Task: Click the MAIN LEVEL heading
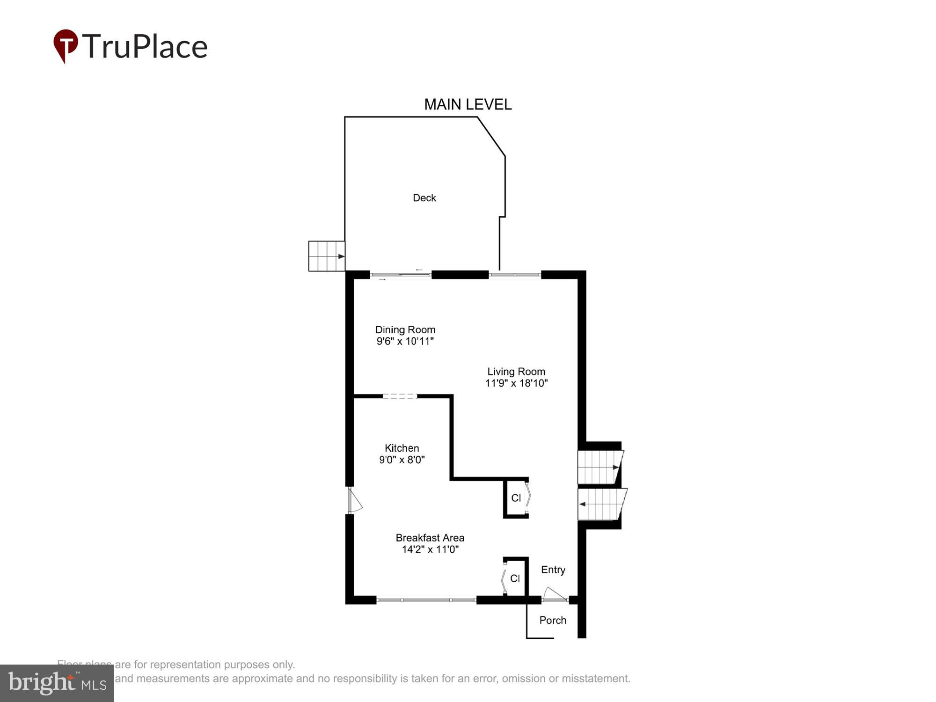click(468, 104)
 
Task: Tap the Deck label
click(424, 198)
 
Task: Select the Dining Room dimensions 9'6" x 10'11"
click(405, 341)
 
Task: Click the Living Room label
click(516, 372)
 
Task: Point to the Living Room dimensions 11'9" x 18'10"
click(516, 383)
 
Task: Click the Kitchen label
click(402, 448)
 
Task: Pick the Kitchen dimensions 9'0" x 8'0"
click(402, 460)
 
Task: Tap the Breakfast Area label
click(430, 538)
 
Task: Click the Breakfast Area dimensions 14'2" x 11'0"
click(430, 549)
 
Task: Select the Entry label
click(553, 570)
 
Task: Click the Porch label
click(552, 620)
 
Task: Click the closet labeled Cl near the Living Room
click(516, 498)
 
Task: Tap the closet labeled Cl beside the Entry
click(515, 579)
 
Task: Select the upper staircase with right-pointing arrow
click(599, 467)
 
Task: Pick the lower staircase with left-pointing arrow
click(601, 504)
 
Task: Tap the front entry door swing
click(555, 594)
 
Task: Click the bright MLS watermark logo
click(57, 683)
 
